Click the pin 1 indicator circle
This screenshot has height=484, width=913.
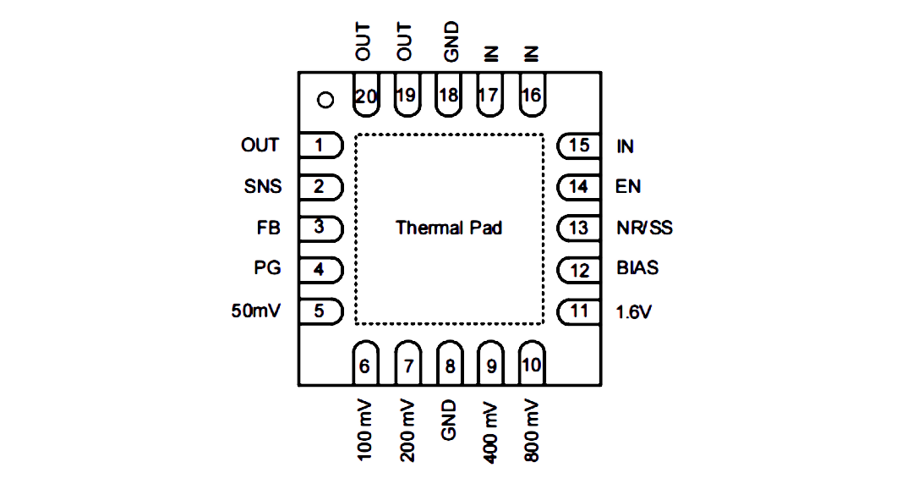click(x=325, y=100)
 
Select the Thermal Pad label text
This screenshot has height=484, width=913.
click(x=449, y=228)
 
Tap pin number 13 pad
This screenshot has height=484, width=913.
click(x=579, y=228)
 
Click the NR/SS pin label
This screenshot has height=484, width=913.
click(x=644, y=228)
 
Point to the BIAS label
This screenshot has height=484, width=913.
click(x=637, y=267)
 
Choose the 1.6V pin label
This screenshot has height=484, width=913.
click(x=633, y=312)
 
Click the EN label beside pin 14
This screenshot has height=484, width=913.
click(x=628, y=187)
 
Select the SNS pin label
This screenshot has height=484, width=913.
click(x=263, y=187)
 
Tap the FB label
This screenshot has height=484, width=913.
click(x=269, y=228)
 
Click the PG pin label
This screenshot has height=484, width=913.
click(x=267, y=267)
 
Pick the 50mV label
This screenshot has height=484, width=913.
click(x=255, y=311)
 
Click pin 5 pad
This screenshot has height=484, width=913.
click(x=321, y=311)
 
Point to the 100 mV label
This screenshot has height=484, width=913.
click(x=364, y=431)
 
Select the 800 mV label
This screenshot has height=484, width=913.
click(x=531, y=431)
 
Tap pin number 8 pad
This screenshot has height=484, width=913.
click(x=450, y=363)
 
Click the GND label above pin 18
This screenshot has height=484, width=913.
click(x=451, y=42)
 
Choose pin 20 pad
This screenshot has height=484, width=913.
click(x=366, y=95)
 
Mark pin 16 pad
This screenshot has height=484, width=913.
click(x=532, y=95)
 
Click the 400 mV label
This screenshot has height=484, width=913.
click(x=490, y=432)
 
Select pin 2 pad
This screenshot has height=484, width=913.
click(x=321, y=187)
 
